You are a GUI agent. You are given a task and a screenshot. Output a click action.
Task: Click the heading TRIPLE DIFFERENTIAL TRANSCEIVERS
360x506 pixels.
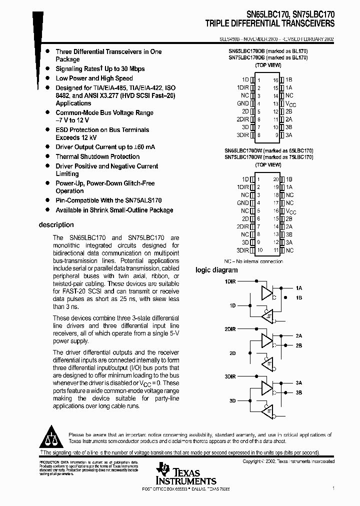click(269, 23)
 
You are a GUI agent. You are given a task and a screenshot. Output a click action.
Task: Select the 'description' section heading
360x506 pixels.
click(56, 225)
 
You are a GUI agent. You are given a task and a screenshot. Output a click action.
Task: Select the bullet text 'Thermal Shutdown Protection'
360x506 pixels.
click(97, 156)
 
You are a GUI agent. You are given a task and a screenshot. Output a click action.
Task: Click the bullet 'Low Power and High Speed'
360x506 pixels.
click(94, 78)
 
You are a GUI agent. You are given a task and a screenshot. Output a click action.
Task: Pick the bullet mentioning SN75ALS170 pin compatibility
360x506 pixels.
click(108, 200)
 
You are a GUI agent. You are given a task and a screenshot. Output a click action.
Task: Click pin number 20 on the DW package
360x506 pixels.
click(275, 178)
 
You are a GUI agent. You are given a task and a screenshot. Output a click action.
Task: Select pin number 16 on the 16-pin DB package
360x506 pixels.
click(275, 79)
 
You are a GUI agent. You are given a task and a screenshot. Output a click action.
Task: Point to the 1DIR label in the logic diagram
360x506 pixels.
click(230, 281)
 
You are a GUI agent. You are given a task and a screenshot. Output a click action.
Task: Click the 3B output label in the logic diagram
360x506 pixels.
click(299, 393)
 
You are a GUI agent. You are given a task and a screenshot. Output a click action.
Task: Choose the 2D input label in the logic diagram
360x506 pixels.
click(232, 353)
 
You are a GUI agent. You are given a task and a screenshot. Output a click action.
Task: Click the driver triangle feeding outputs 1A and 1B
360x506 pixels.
click(267, 293)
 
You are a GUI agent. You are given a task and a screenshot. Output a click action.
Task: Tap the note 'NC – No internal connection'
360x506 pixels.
click(253, 261)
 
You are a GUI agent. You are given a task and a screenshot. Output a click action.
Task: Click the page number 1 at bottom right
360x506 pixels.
click(333, 487)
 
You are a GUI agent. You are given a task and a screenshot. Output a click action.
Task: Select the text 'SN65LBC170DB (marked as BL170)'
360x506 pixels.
click(268, 51)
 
